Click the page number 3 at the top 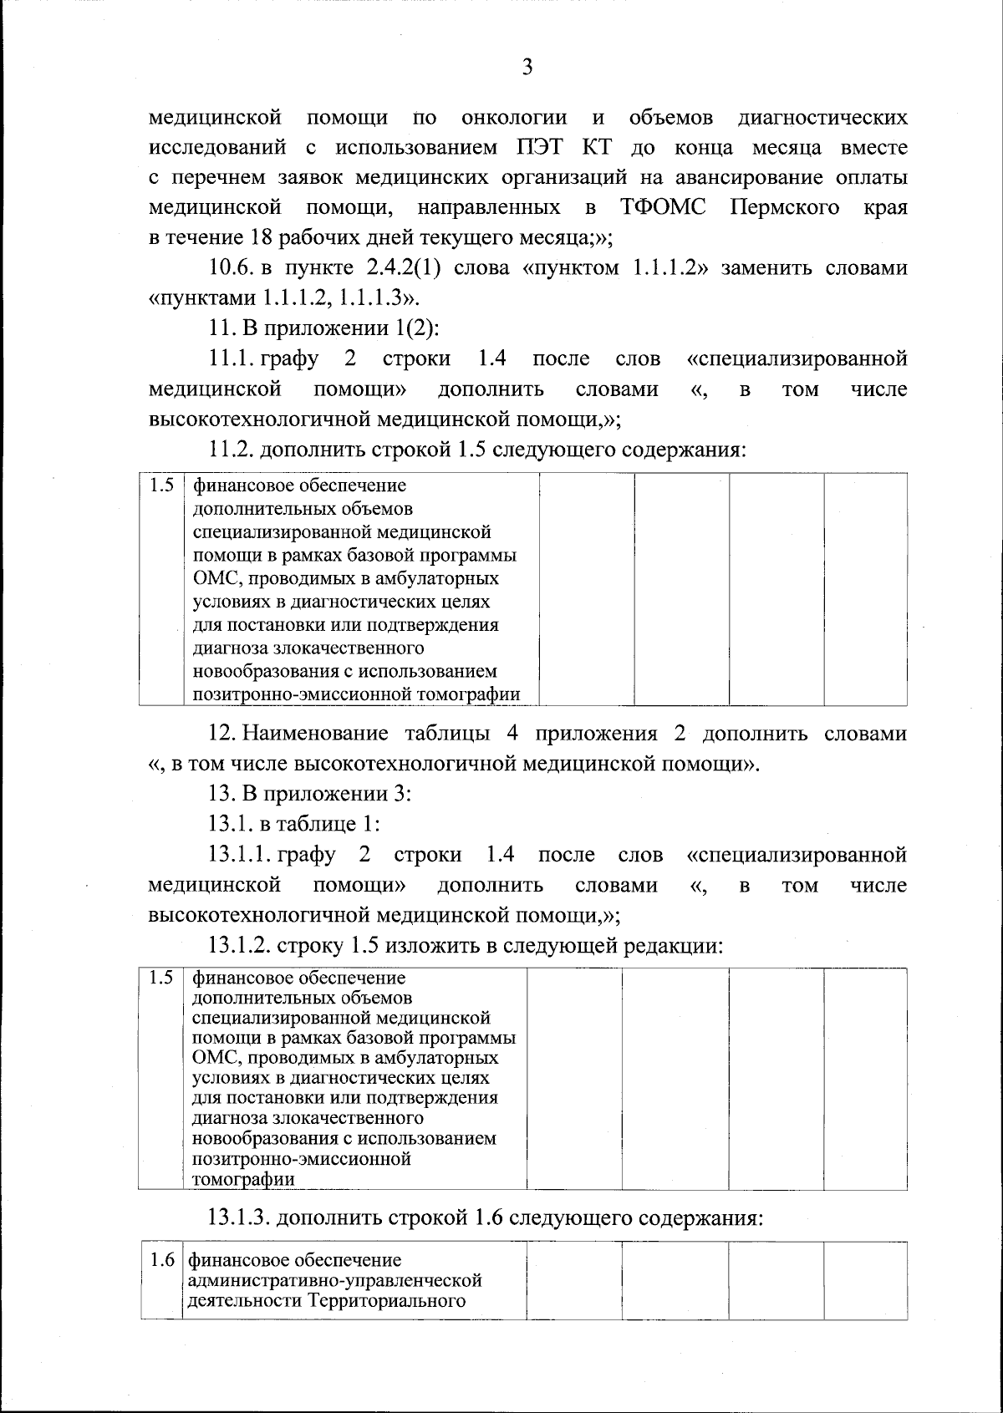click(x=527, y=68)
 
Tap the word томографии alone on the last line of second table click(x=243, y=1180)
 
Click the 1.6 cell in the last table click(x=161, y=1259)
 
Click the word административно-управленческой click(x=335, y=1280)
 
